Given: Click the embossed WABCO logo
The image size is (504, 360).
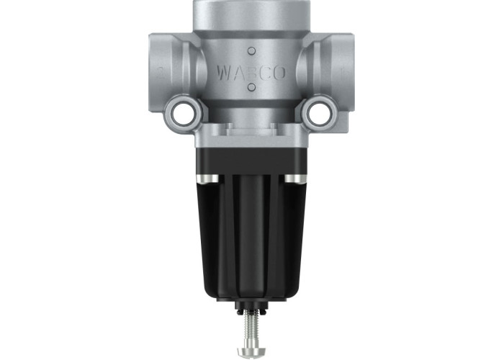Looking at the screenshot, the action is click(x=251, y=73).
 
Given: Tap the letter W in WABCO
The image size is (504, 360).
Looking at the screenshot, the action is click(x=225, y=73).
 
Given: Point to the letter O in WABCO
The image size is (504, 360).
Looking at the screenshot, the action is click(x=279, y=73).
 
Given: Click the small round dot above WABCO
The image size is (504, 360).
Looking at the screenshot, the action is click(x=252, y=51).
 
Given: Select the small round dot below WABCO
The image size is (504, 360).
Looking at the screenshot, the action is click(x=252, y=87).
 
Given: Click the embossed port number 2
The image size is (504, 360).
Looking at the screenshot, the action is click(x=161, y=73).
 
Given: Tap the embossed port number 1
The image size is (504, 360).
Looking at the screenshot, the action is click(x=342, y=74).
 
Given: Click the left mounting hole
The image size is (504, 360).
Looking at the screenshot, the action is click(x=183, y=113).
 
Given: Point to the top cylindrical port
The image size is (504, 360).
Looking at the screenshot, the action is click(x=252, y=15).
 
